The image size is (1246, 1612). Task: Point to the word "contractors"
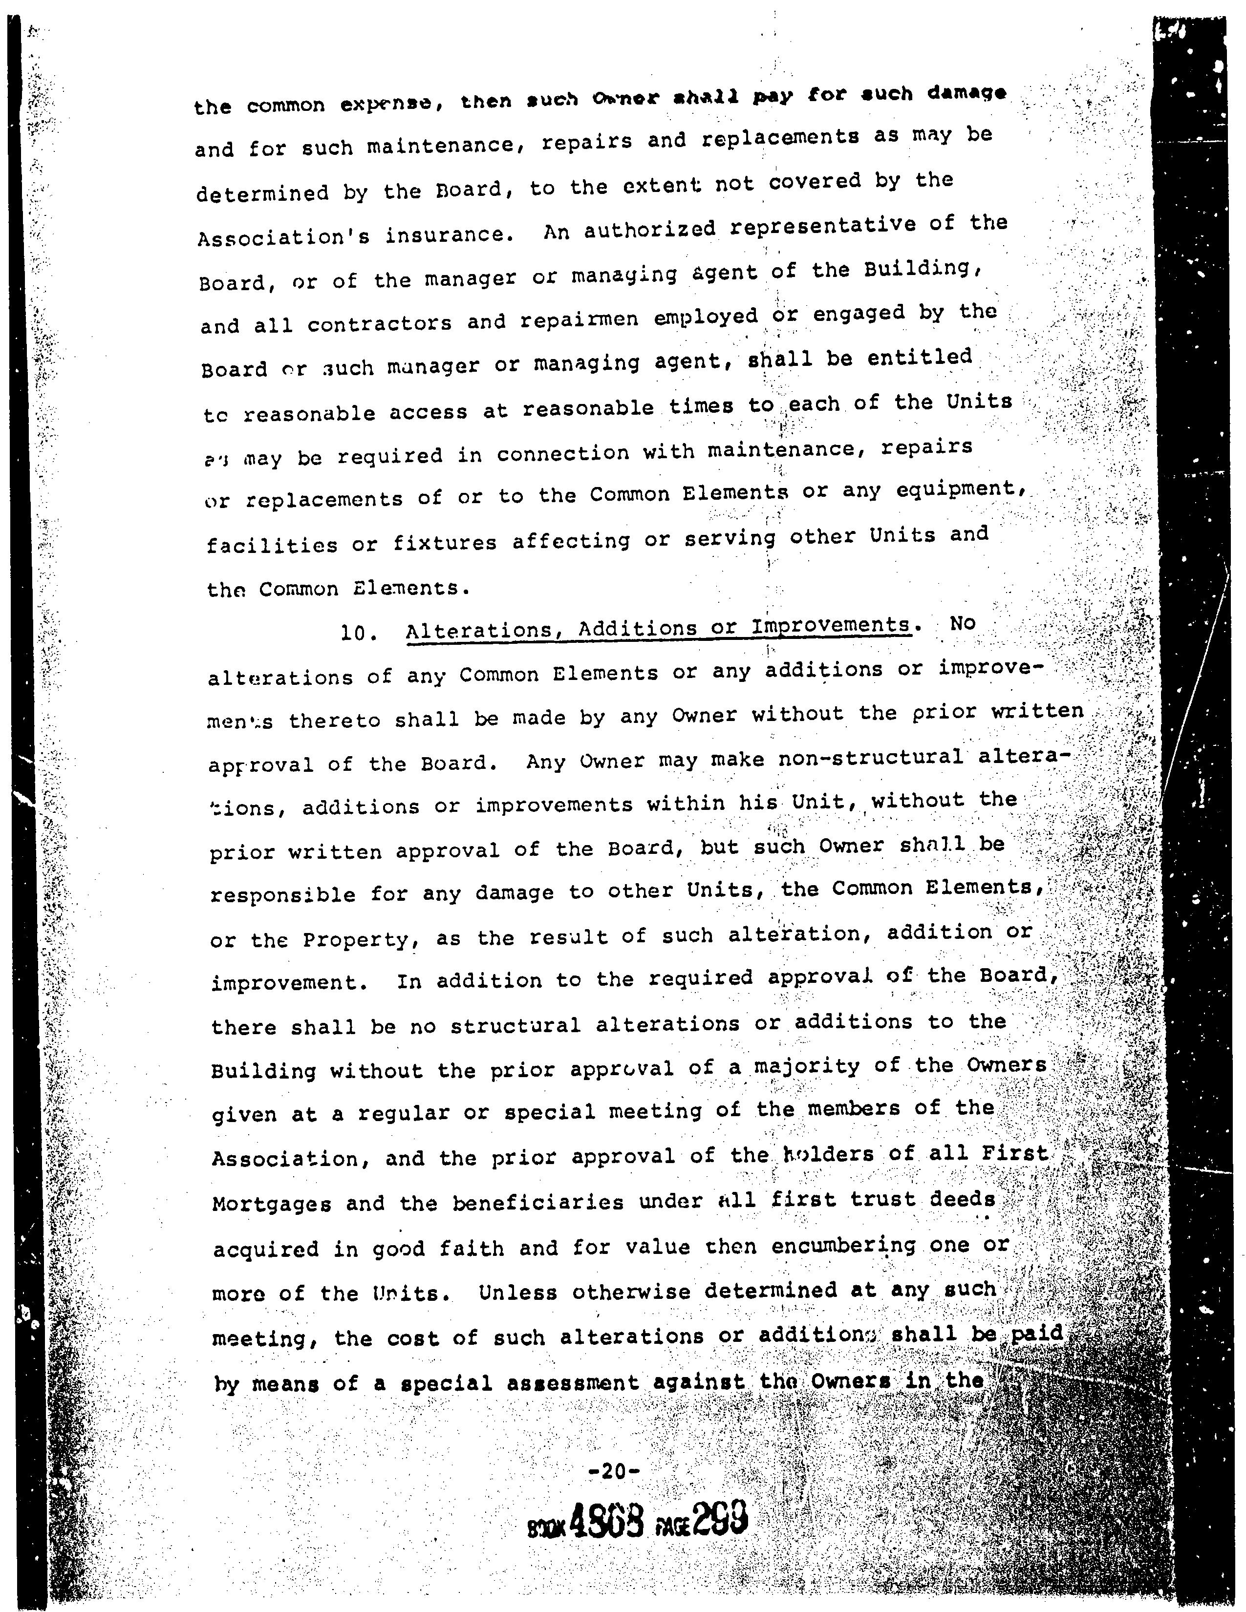coord(379,324)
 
